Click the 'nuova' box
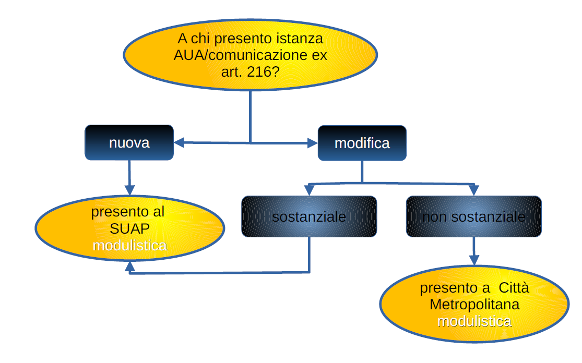(x=129, y=142)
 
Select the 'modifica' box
(x=362, y=143)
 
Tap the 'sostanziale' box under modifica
(x=308, y=216)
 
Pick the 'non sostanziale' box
(x=473, y=216)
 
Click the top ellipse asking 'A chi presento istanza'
(x=250, y=55)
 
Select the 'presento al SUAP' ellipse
(x=129, y=228)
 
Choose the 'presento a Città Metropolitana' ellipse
(x=474, y=304)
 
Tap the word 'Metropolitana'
(x=474, y=304)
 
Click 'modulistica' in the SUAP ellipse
(x=129, y=245)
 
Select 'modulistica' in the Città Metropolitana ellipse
(x=474, y=321)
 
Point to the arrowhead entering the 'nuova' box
(x=179, y=142)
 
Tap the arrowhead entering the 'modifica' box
(x=313, y=142)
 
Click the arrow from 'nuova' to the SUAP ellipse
(x=129, y=177)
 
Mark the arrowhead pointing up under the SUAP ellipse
(x=129, y=267)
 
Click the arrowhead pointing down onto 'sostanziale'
(x=309, y=190)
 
